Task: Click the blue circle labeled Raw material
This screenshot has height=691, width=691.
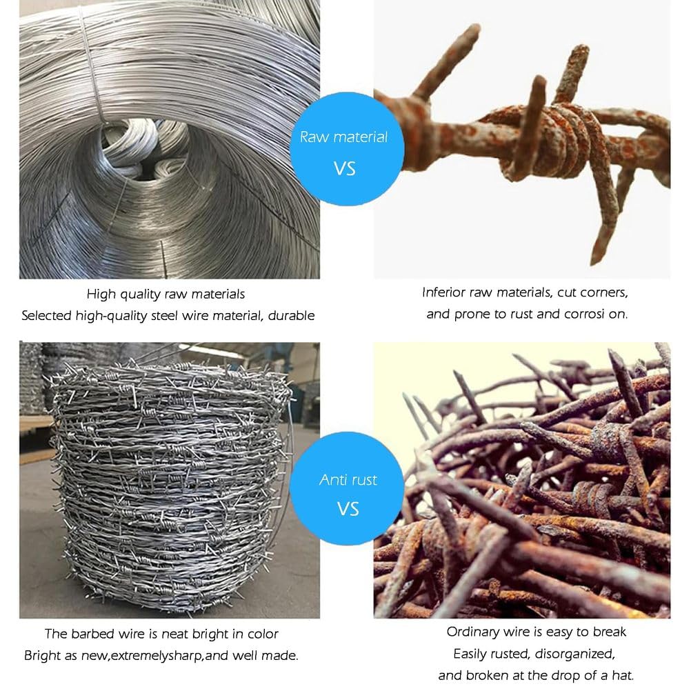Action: tap(346, 149)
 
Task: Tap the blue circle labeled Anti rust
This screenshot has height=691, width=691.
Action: tap(348, 488)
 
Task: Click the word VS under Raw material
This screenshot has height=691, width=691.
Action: tap(345, 169)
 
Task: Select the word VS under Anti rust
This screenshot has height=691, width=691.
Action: tap(348, 509)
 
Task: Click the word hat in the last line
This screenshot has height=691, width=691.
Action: tap(623, 675)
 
